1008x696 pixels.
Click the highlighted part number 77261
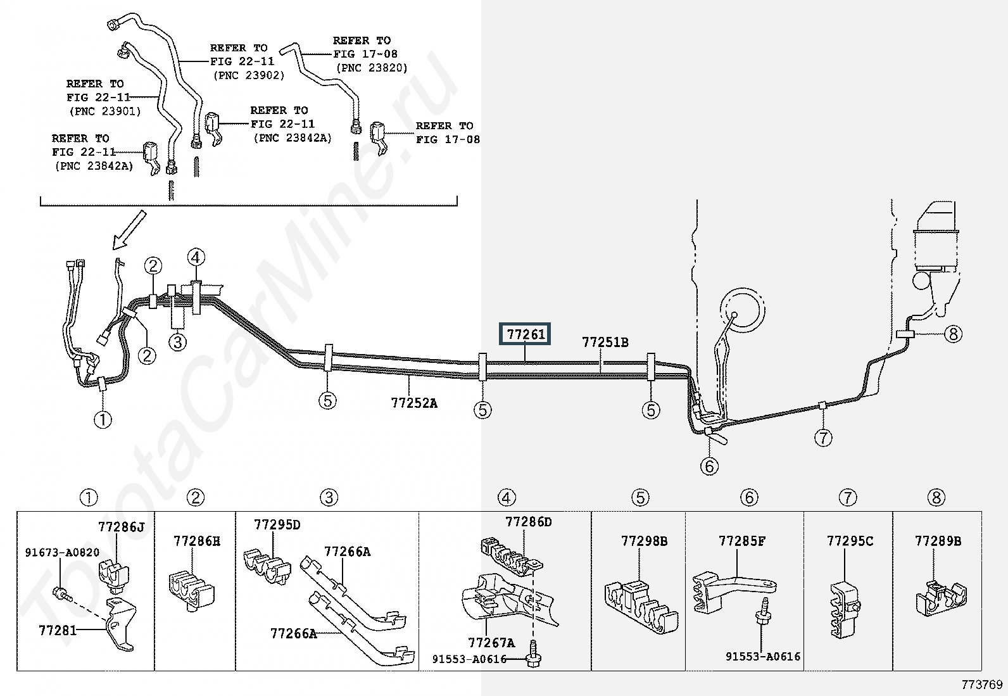(526, 334)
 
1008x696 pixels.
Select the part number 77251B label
(605, 343)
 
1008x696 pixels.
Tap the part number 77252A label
(413, 403)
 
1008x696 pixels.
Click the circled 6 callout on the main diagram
(709, 466)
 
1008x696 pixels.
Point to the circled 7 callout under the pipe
(822, 437)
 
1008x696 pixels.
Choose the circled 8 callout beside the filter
(952, 333)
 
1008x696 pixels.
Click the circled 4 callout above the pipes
(196, 258)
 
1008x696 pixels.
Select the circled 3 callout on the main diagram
(178, 342)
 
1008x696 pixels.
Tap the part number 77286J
(121, 526)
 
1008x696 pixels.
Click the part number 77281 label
(57, 630)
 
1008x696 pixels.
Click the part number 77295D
(277, 525)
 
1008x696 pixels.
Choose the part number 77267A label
(491, 643)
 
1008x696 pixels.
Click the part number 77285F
(741, 541)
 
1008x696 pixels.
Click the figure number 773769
(982, 684)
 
